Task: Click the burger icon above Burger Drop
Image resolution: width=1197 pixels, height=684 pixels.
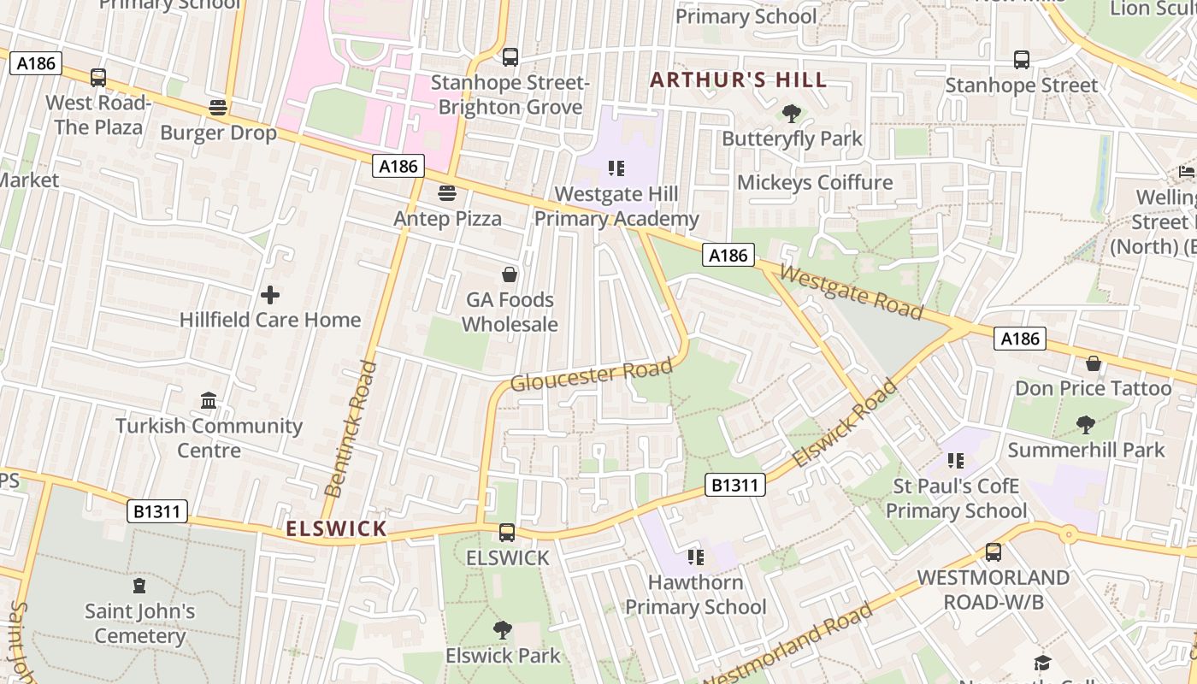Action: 218,108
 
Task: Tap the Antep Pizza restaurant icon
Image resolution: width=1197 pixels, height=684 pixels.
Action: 446,193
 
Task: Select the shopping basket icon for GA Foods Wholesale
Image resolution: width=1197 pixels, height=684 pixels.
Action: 510,274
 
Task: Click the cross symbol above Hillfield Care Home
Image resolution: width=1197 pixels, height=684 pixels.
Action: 270,295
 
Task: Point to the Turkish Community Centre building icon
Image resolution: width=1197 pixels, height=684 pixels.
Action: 209,400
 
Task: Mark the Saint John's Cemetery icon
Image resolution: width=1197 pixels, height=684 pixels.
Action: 139,587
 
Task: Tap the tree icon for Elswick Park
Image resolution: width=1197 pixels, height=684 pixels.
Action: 503,631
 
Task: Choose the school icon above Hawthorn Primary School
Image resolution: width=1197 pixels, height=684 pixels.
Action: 695,557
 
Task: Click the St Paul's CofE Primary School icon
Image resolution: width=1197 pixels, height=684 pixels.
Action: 955,462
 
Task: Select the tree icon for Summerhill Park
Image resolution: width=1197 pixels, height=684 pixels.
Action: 1086,425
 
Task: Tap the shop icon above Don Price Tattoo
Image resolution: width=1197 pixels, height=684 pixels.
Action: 1093,364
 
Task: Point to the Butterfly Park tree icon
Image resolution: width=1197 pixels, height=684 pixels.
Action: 792,114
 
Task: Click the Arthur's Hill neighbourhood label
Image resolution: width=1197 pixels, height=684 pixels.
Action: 739,80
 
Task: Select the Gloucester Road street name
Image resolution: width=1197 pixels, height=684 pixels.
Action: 591,375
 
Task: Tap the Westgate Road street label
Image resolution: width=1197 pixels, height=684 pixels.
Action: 852,292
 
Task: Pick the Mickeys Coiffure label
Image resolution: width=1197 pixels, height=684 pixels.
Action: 814,182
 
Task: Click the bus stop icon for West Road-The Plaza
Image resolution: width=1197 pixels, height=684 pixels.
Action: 98,78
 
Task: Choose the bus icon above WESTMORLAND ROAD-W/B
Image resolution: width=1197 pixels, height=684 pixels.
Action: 993,552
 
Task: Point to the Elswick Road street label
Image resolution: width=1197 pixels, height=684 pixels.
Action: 845,423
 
